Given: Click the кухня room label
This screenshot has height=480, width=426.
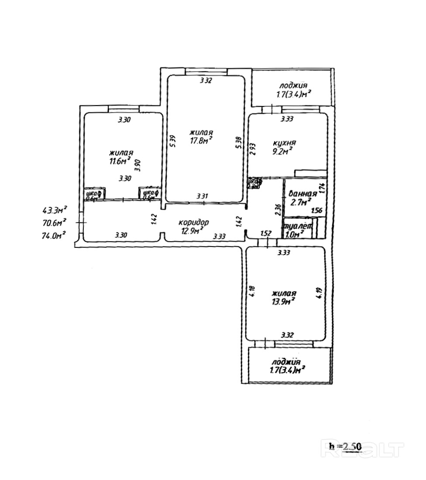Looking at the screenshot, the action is [285, 143].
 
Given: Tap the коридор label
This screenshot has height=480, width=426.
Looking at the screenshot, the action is [194, 222].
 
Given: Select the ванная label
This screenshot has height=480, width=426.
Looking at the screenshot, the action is [300, 194].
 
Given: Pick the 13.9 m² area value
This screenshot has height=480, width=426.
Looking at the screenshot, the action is [284, 301].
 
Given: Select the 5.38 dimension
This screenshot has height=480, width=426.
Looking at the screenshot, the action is [238, 142].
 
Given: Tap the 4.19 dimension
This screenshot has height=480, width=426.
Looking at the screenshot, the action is [320, 291].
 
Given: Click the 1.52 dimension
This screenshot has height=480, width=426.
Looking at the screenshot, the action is [266, 234].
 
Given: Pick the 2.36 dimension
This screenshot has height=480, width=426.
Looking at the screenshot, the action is [278, 210].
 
